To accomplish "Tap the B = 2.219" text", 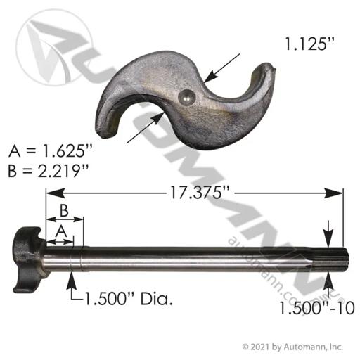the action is (49, 171).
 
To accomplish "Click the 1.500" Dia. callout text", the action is (128, 299).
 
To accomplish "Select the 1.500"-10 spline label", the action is (317, 308).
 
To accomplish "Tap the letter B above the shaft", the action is (64, 210).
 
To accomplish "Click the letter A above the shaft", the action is (61, 231).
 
